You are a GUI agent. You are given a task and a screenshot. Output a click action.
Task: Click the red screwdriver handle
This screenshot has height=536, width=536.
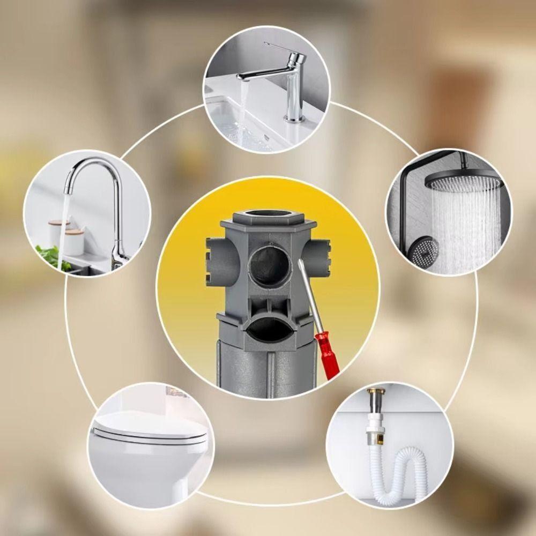click(x=326, y=354)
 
